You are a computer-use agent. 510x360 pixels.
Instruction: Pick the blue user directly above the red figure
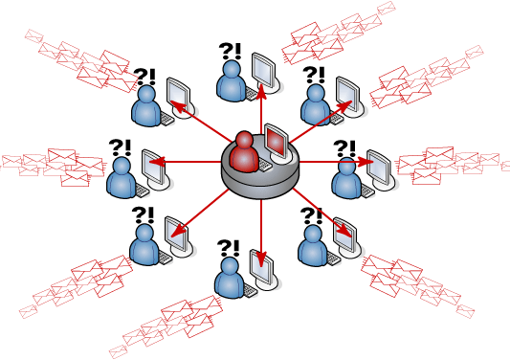[232, 81]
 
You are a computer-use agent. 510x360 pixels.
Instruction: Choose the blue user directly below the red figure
[230, 278]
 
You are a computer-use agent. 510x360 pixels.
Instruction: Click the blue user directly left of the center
[122, 177]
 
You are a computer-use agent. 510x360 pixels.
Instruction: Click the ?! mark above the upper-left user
[144, 76]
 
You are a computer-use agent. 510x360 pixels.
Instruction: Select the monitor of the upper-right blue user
[347, 94]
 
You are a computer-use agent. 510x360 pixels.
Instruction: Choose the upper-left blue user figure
[145, 106]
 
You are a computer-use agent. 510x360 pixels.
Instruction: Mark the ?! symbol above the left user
[120, 146]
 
